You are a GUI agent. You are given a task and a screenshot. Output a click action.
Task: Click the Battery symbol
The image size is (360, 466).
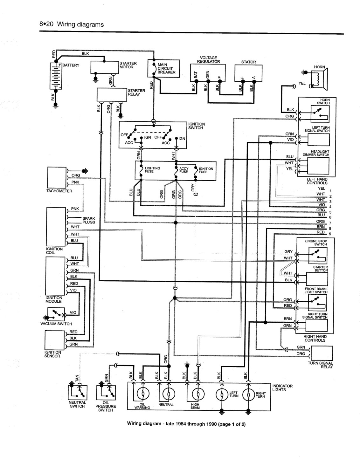56,76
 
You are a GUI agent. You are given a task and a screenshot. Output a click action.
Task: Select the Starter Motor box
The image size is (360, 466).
105,67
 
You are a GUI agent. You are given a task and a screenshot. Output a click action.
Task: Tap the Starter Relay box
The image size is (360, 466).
112,94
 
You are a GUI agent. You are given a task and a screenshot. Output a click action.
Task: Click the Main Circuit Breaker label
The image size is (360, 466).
166,68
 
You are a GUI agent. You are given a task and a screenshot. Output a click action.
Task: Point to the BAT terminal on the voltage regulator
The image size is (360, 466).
196,81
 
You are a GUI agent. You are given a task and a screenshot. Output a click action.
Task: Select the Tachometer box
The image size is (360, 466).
57,178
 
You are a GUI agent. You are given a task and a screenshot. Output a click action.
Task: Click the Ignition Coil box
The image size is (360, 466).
56,226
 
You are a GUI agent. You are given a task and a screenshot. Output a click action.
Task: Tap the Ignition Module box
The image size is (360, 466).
55,276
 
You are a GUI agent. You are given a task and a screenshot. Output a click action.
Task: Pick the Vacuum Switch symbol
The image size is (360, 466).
56,314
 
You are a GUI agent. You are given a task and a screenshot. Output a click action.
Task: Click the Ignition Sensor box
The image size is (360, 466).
54,340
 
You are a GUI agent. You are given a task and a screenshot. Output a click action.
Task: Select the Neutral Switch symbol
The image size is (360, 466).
78,393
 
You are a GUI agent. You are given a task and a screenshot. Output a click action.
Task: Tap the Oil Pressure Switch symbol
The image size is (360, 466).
106,393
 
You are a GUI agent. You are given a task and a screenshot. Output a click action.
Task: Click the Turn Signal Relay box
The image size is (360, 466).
322,353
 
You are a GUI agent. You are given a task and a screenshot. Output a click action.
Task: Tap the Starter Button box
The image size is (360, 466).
317,279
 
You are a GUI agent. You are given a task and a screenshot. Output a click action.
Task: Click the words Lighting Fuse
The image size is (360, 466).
152,170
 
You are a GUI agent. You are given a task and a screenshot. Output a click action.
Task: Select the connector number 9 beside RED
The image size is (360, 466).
330,234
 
